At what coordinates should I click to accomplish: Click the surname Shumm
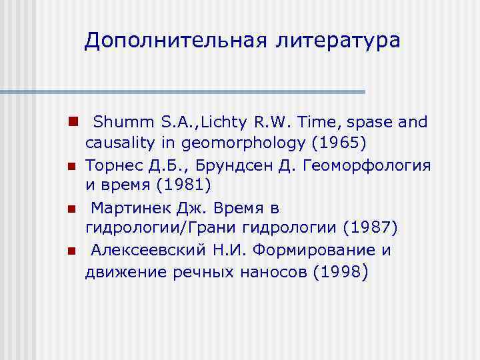point(117,123)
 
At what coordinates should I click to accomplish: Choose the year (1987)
point(369,229)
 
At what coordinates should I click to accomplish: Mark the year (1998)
point(339,272)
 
